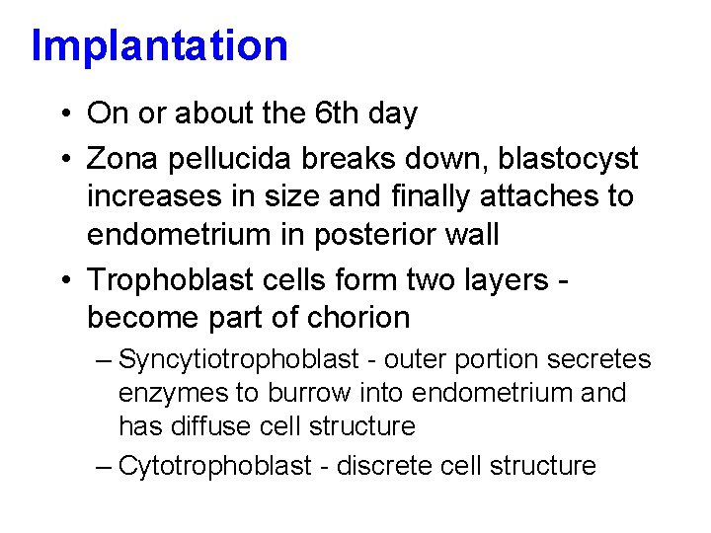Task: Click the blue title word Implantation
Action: click(159, 46)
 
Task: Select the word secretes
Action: click(602, 359)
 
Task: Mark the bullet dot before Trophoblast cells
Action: click(62, 281)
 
